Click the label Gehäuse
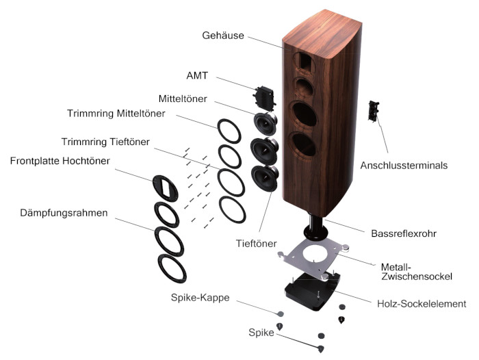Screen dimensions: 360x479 point(222,35)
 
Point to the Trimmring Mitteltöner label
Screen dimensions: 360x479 point(116,113)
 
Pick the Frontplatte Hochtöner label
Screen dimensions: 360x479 point(60,161)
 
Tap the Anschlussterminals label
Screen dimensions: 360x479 point(404,165)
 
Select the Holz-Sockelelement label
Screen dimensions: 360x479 point(422,304)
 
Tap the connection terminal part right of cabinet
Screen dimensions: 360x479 point(374,111)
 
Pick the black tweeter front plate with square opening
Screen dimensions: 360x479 point(167,185)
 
